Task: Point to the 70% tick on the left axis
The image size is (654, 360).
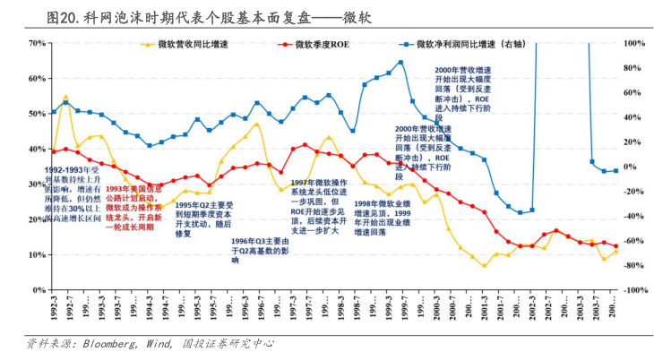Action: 37,43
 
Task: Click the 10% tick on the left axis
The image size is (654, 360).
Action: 37,255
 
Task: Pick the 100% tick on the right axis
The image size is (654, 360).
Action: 635,43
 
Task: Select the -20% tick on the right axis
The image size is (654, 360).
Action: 634,192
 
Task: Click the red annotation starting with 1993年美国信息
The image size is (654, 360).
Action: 133,208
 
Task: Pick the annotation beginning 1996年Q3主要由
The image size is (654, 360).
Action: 260,251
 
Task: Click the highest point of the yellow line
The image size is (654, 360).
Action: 65,96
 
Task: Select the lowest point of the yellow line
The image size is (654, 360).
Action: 484,266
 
